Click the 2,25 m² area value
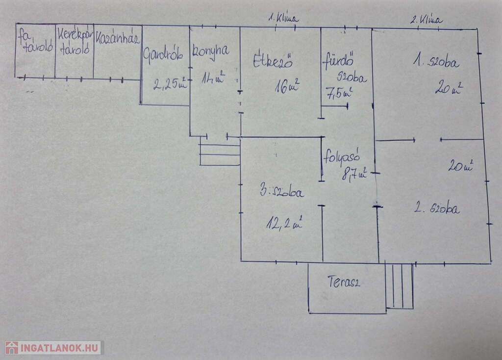coord(170,84)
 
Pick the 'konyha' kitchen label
coord(209,51)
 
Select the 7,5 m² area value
coord(339,92)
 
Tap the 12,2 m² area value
coord(283,224)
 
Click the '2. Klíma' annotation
coord(426,20)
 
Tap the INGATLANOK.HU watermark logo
coord(52,348)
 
